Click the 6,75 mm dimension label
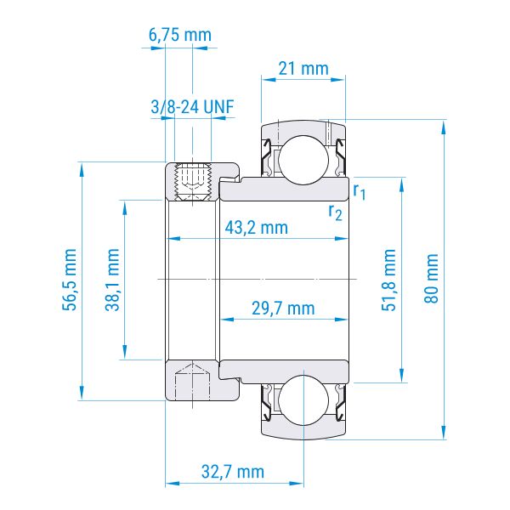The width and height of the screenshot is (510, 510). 180,35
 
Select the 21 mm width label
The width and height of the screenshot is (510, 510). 303,69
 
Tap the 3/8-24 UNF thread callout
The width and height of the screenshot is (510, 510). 193,107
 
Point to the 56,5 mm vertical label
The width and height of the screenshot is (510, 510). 70,280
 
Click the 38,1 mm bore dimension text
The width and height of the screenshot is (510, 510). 112,280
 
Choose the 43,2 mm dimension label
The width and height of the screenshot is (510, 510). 257,228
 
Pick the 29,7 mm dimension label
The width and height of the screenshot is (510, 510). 283,309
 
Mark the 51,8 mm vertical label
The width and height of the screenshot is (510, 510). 388,280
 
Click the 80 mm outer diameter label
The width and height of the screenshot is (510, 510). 431,279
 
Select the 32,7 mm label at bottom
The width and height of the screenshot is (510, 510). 233,472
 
